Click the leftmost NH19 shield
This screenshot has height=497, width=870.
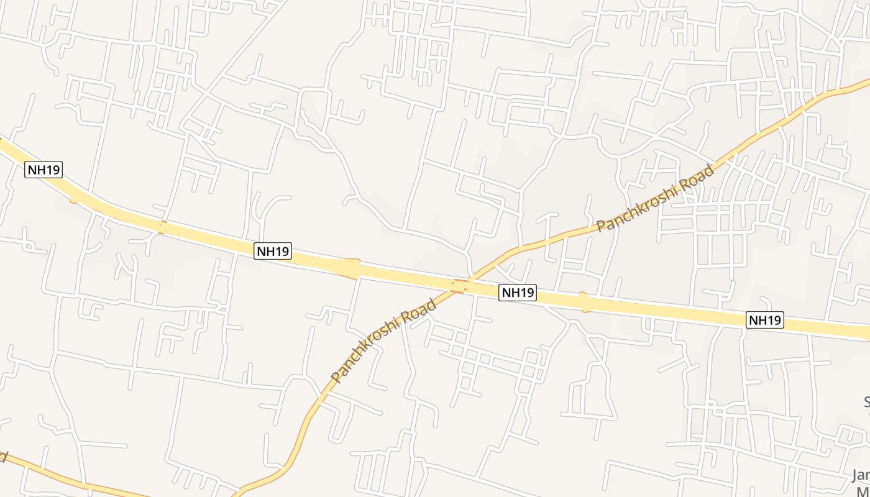[43, 169]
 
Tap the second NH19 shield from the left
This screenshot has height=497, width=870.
[273, 251]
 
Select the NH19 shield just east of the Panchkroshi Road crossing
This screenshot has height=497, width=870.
[518, 293]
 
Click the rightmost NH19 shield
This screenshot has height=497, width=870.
[764, 320]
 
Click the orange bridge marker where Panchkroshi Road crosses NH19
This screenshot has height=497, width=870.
[460, 286]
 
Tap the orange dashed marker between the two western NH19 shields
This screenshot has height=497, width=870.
[162, 227]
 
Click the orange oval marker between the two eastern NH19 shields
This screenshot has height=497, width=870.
[583, 302]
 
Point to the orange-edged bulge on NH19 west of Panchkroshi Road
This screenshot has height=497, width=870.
[353, 268]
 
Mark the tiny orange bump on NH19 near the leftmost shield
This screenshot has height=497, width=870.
[73, 199]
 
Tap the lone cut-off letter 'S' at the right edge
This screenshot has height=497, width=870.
[866, 402]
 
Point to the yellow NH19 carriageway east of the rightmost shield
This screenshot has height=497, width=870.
[826, 327]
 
